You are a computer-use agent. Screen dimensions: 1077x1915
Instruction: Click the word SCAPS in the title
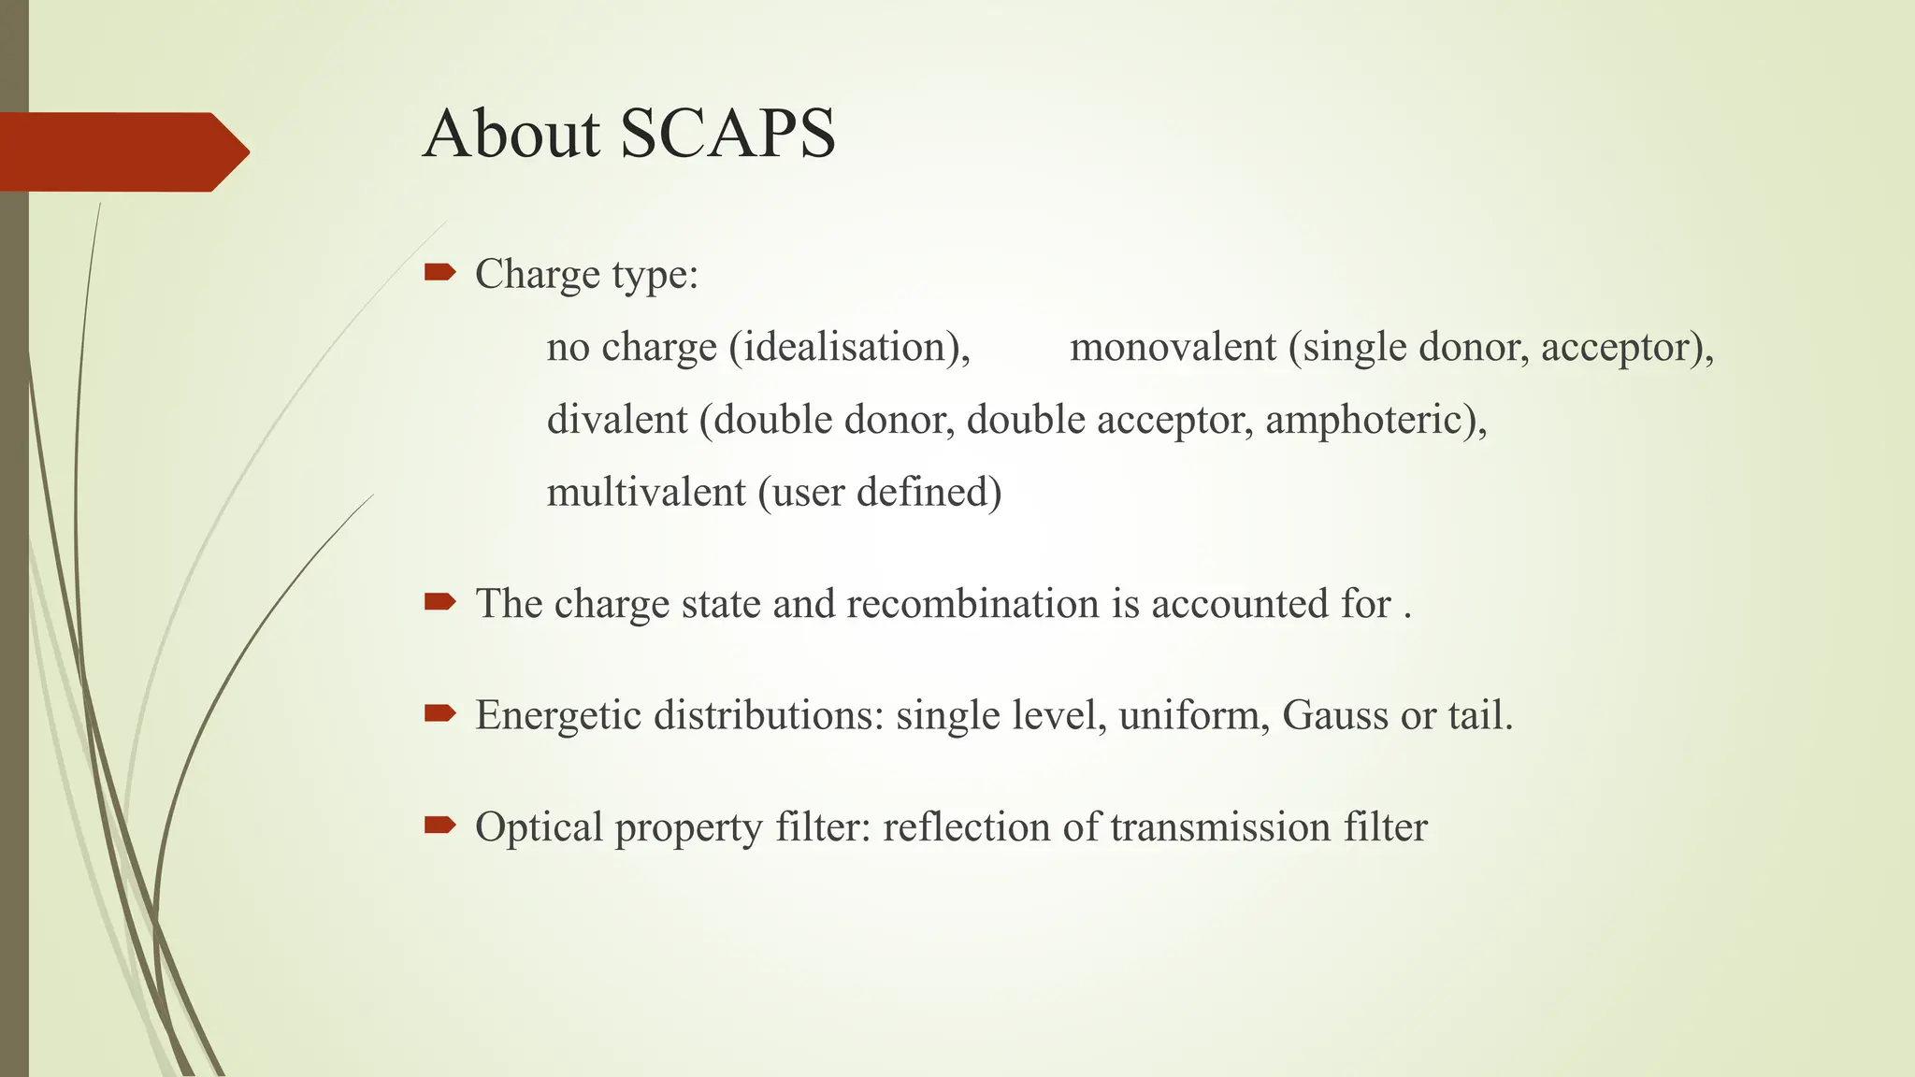tap(727, 134)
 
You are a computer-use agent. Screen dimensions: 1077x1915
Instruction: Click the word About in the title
tap(511, 134)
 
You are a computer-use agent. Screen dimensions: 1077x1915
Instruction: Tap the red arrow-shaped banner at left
tap(122, 151)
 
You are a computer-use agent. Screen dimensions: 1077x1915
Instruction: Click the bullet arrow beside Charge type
tap(439, 272)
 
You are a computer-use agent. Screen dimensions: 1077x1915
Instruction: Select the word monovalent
tap(1173, 348)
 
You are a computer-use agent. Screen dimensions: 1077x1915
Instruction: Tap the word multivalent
tap(645, 492)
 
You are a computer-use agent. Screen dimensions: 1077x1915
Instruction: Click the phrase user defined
tap(880, 492)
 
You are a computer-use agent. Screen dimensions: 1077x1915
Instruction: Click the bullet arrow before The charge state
tap(439, 602)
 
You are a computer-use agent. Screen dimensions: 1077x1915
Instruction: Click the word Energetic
tap(557, 715)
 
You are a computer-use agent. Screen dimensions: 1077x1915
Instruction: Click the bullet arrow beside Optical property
tap(439, 825)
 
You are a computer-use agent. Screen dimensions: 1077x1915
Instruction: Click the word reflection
tap(966, 827)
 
